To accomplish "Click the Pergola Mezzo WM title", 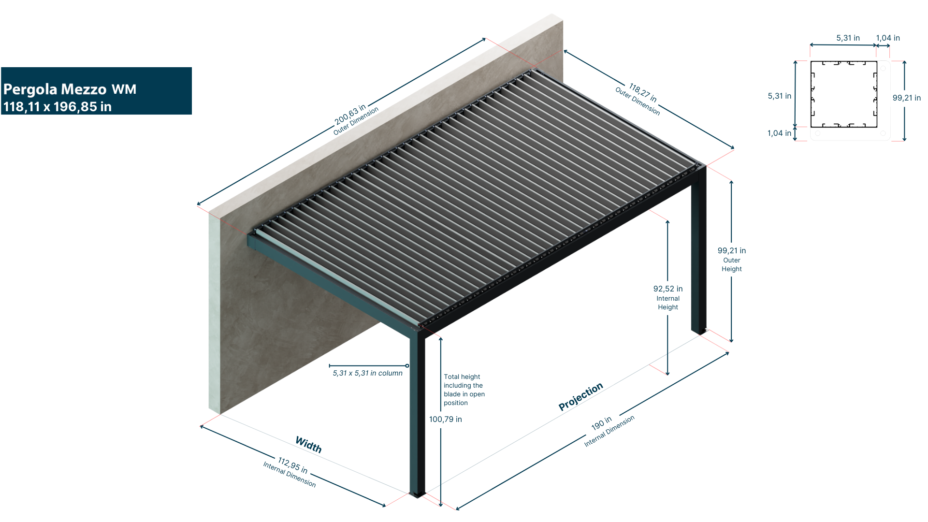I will pos(70,89).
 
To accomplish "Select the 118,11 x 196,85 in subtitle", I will pos(58,107).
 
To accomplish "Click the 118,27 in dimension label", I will pos(643,92).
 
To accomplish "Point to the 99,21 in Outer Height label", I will pos(731,259).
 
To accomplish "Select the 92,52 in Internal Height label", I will pos(668,297).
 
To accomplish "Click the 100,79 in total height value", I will pos(446,419).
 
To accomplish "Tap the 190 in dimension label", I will pos(601,423).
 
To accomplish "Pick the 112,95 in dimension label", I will pos(292,465).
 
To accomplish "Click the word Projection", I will pos(580,396).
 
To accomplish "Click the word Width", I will pos(308,445).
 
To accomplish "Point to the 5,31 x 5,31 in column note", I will pos(367,373).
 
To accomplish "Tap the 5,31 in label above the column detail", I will pos(848,38).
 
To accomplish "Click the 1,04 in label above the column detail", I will pos(888,38).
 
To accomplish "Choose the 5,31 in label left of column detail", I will pos(779,96).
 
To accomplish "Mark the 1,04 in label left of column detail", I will pos(779,133).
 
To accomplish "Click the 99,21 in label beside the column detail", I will pos(906,98).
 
